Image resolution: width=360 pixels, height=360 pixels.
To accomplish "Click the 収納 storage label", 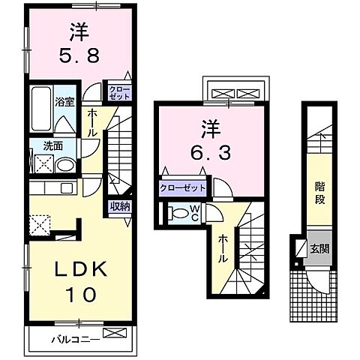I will pos(121,206).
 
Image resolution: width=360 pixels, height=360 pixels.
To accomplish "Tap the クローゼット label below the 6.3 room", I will pos(182,188).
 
